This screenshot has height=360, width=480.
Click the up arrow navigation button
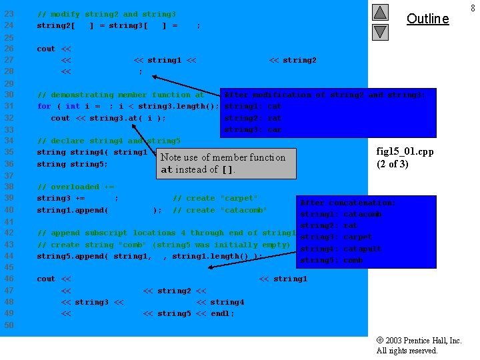380,12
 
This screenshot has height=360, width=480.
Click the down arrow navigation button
380,31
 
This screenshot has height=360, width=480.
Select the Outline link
427,19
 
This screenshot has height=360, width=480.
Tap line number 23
9,13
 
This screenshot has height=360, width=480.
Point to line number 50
9,325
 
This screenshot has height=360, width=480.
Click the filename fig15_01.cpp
405,152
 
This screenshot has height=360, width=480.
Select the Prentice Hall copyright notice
419,345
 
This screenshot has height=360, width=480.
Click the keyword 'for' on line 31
44,106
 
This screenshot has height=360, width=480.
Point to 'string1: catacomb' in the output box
341,215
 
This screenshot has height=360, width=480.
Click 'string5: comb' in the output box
332,261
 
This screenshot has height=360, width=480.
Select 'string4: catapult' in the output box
341,249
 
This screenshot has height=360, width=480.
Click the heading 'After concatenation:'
347,203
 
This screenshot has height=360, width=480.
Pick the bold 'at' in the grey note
167,170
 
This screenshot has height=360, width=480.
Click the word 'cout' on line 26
46,49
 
